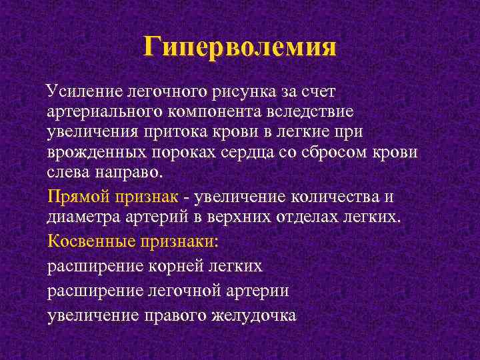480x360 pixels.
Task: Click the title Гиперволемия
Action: click(x=240, y=48)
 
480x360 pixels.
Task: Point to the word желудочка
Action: click(x=257, y=315)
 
